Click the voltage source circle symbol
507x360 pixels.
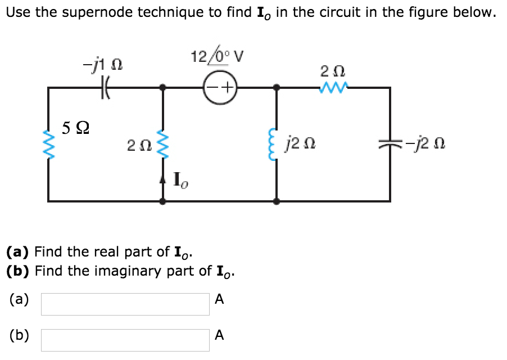pyautogui.click(x=220, y=88)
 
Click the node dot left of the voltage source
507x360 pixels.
pyautogui.click(x=163, y=88)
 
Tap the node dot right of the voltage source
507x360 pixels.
pyautogui.click(x=275, y=88)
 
